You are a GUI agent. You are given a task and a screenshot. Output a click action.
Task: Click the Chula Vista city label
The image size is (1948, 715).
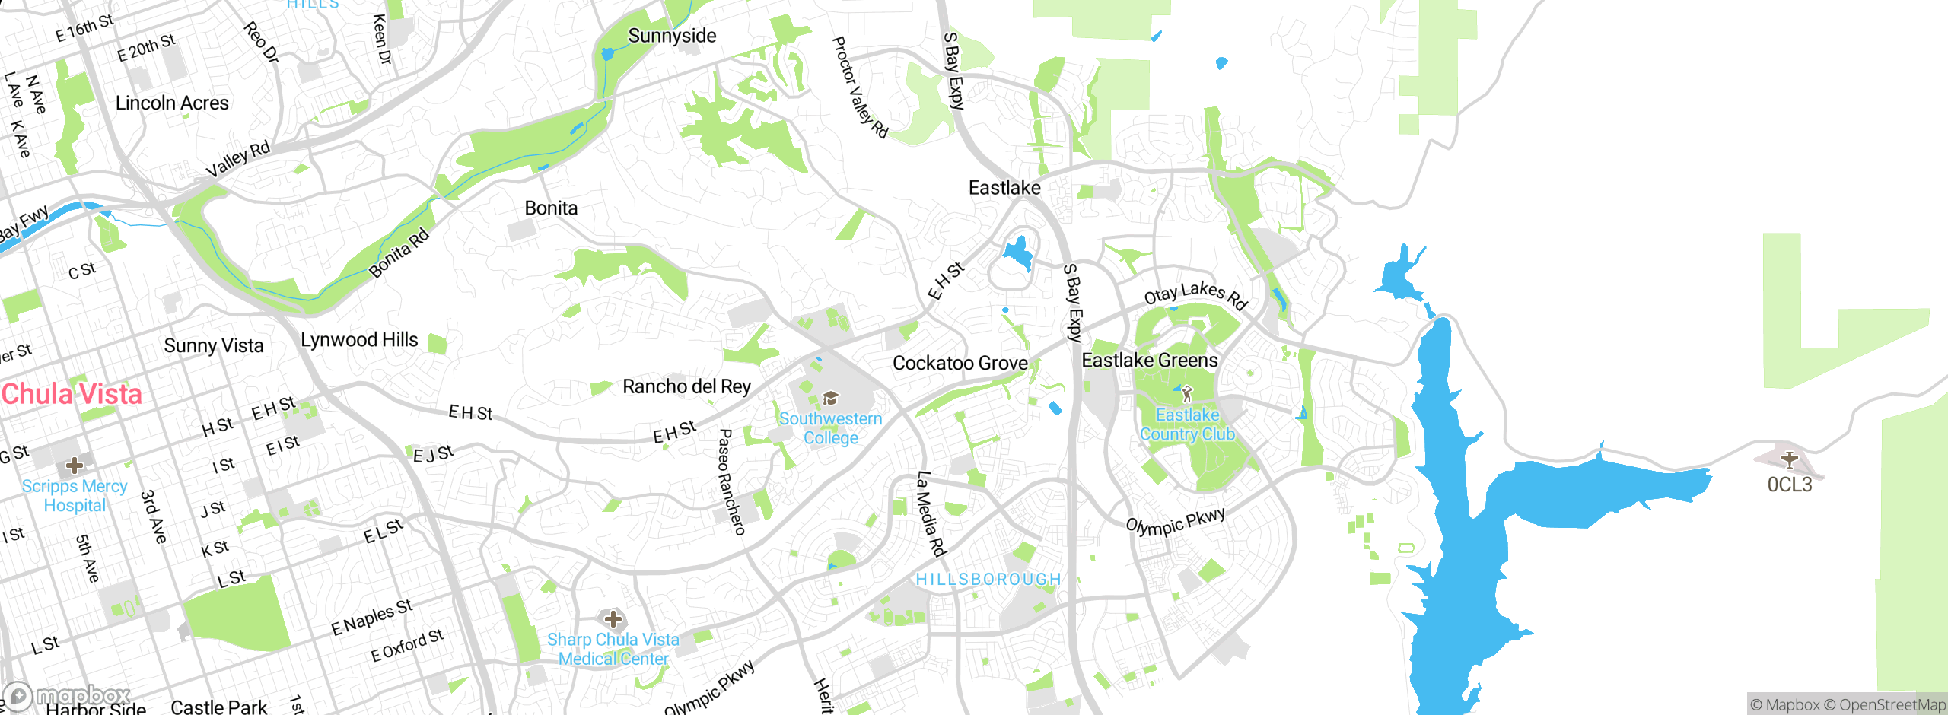(72, 394)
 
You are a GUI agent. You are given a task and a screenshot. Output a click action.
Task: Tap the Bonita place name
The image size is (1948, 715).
(551, 208)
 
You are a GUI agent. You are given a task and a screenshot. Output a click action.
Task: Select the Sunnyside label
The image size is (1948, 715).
(672, 36)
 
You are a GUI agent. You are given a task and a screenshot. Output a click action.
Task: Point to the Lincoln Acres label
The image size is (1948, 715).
(172, 103)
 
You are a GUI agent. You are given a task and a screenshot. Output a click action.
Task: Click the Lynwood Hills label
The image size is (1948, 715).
(359, 340)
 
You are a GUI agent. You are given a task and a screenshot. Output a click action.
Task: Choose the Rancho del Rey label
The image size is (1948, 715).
(686, 386)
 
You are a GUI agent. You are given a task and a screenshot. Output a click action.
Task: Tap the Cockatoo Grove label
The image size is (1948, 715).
(960, 364)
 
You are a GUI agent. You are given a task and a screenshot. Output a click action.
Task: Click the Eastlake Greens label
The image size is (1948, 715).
(1150, 361)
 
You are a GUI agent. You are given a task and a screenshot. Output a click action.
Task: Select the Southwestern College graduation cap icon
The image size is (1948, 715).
(831, 399)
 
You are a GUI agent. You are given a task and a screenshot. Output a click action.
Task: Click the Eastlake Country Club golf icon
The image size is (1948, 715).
(1187, 394)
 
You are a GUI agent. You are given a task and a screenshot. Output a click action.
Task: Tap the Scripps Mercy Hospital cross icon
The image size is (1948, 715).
(75, 465)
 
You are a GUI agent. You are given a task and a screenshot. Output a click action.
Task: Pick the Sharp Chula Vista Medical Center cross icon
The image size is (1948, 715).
(613, 619)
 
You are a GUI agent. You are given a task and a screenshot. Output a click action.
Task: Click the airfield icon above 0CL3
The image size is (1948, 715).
(1789, 459)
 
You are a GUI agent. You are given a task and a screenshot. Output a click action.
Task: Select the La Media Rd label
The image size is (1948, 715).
(930, 513)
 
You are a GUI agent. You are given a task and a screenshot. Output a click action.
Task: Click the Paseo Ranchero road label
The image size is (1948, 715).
(731, 481)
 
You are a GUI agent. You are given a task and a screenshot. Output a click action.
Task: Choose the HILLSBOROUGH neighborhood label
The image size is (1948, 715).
(988, 580)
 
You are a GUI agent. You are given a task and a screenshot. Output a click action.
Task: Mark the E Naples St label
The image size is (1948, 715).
(371, 617)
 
